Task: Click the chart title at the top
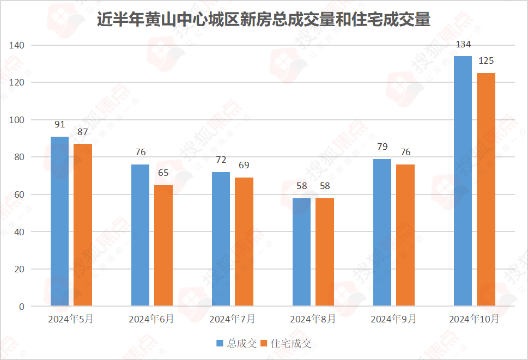coord(264,20)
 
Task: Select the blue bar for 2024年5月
coord(59,221)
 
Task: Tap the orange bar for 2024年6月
coord(163,245)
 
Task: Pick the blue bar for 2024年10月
coord(463,181)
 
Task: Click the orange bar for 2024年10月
coord(486,190)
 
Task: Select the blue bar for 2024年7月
coord(221,239)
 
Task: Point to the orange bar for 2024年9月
coord(405,235)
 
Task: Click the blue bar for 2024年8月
coord(301,252)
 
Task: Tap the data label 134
coord(463,45)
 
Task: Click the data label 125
coord(486,61)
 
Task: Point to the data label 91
coord(59,125)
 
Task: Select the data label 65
coord(163,173)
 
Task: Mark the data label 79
coord(382,147)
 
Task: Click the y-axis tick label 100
coord(17,120)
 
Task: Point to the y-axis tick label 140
coord(17,45)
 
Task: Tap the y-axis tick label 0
coord(22,307)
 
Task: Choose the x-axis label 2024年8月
coord(313,319)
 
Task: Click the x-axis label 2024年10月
coord(474,319)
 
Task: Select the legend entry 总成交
coord(236,343)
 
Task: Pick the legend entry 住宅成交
coord(286,343)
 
